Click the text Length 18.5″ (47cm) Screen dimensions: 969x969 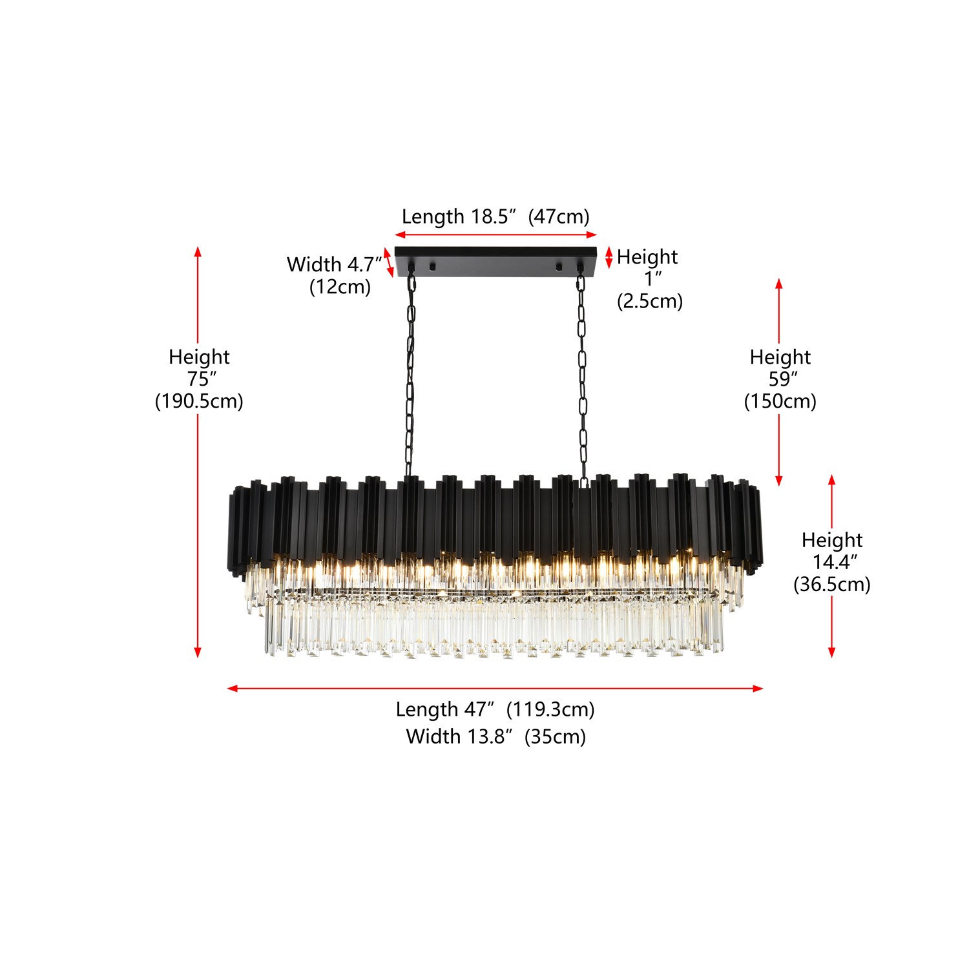pos(495,216)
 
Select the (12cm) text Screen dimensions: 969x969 pos(340,286)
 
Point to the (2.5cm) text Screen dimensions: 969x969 pos(650,301)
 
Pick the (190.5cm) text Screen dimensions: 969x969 pos(199,401)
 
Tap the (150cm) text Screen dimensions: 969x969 pos(780,401)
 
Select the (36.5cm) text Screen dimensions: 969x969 pos(832,584)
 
